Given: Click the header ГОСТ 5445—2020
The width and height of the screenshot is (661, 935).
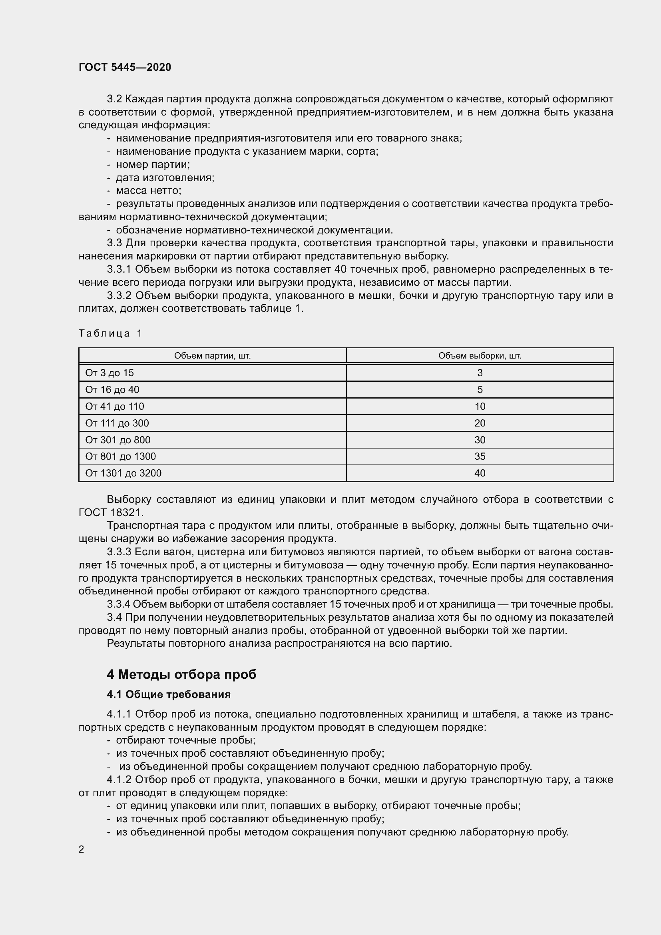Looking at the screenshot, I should click(125, 67).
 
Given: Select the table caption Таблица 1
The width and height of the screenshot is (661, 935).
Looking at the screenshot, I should click(110, 333).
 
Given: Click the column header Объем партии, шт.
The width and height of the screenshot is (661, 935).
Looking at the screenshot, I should click(213, 355).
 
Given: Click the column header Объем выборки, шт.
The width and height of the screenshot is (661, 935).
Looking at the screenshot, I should click(480, 355).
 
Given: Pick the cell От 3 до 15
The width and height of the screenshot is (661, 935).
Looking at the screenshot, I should click(110, 373).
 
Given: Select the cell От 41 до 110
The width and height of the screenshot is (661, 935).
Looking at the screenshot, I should click(115, 406).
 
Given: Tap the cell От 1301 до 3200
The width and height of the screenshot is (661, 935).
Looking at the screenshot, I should click(123, 473).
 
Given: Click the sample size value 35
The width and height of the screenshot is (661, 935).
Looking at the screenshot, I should click(480, 456).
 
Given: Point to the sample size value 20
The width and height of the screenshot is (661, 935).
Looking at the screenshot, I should click(480, 423).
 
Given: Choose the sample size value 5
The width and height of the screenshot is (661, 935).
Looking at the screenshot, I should click(480, 389).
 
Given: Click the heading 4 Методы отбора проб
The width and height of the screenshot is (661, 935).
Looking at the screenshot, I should click(181, 674).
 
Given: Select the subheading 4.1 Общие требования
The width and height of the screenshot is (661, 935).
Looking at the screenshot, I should click(169, 694).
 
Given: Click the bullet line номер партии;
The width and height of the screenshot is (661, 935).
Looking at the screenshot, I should click(153, 165).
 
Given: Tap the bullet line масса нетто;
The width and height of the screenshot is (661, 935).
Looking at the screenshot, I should click(149, 191).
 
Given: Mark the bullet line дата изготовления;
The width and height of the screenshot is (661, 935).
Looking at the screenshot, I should click(165, 177).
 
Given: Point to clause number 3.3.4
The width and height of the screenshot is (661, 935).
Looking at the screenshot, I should click(118, 604).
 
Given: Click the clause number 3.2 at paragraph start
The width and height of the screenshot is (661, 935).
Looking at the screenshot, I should click(114, 99).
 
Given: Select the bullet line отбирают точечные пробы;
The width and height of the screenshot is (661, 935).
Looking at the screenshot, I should click(185, 740).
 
